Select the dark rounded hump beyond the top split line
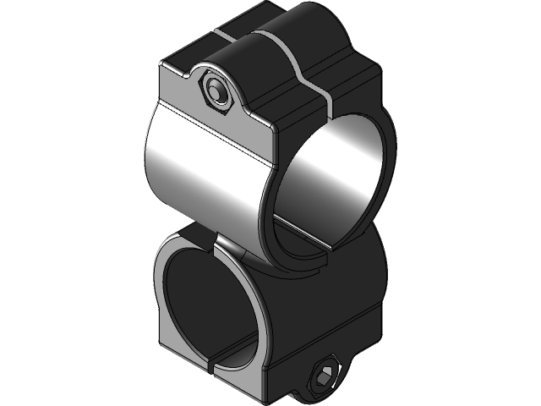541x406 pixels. pos(321,38)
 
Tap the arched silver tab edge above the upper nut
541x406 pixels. pos(218,68)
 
